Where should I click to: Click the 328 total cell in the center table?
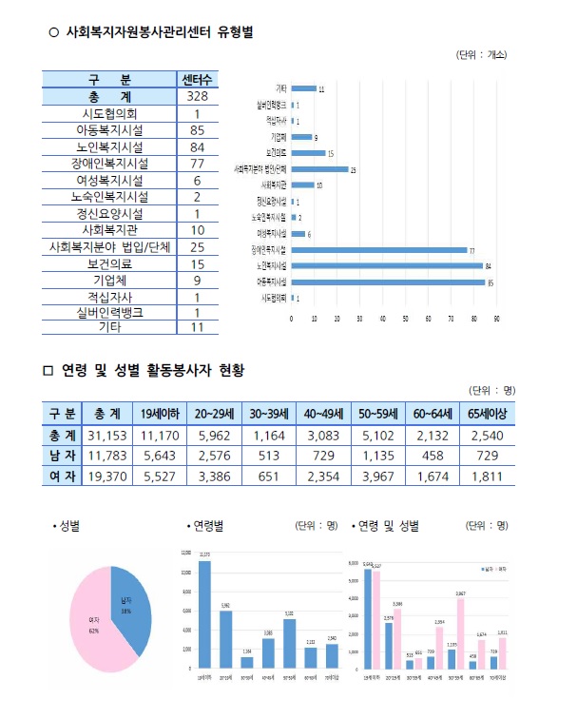(x=197, y=97)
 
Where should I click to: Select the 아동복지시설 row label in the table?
(x=109, y=130)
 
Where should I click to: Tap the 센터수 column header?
(x=197, y=79)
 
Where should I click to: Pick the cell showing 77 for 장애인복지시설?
(x=197, y=163)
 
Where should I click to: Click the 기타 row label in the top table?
(x=109, y=327)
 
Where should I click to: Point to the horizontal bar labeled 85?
(x=388, y=282)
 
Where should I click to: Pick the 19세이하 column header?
(x=161, y=413)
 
